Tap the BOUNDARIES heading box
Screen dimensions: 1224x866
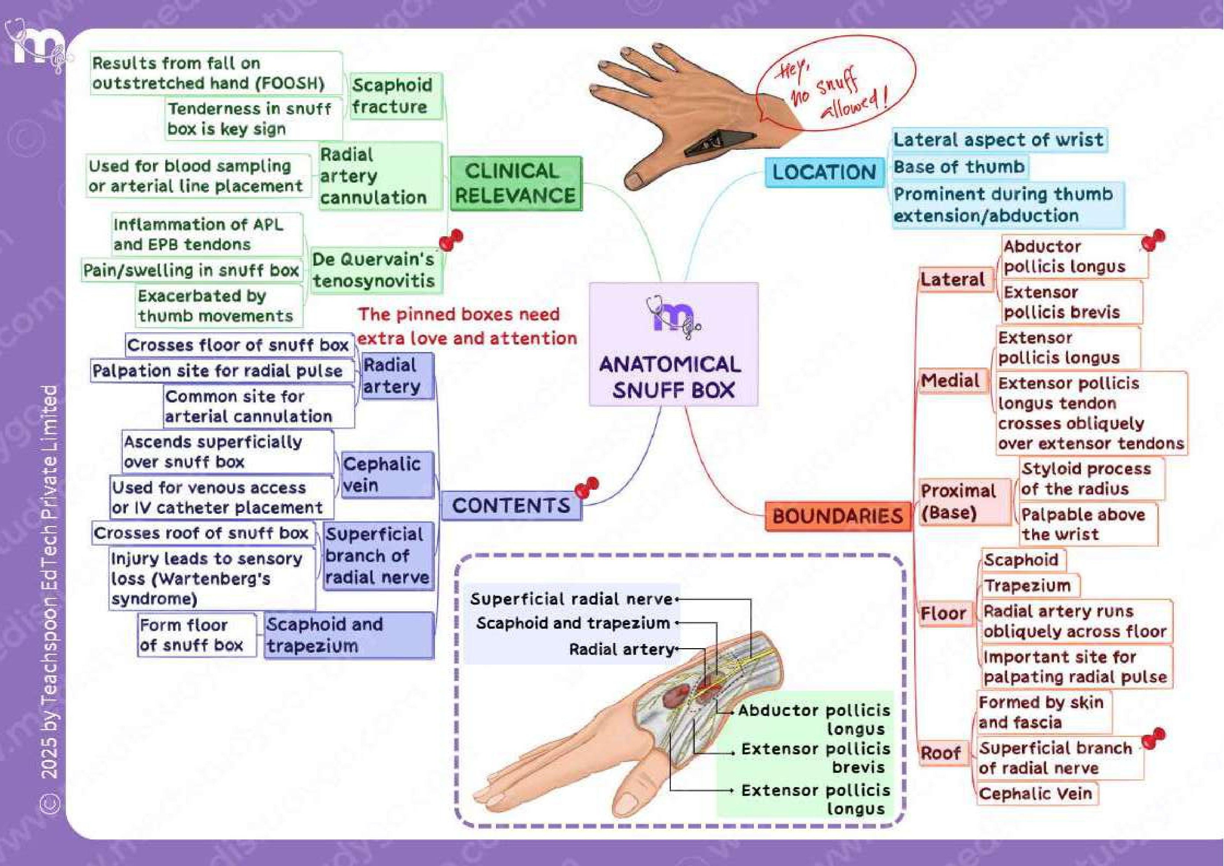click(838, 516)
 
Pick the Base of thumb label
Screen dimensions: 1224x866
click(959, 167)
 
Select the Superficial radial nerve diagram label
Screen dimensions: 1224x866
click(571, 599)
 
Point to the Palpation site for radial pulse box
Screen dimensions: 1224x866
click(218, 371)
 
